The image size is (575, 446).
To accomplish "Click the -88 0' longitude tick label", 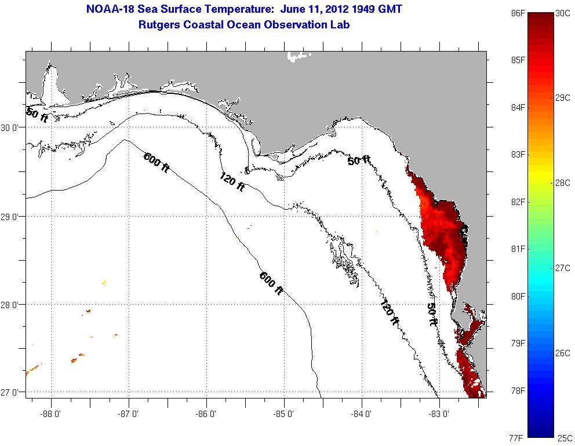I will tap(52, 414).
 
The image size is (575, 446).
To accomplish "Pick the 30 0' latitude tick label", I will tap(12, 128).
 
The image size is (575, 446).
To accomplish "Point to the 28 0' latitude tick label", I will tap(12, 305).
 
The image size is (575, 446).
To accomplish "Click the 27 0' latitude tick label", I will tap(12, 393).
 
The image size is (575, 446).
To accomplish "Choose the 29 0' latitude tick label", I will tap(12, 217).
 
